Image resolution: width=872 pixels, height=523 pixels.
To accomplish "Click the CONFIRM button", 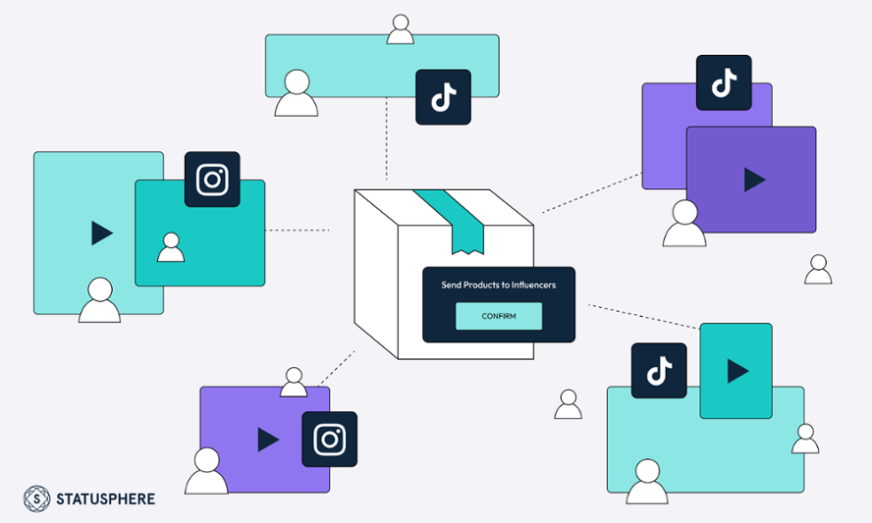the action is [x=498, y=316].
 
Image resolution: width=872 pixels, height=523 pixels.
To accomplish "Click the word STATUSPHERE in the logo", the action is [x=106, y=498].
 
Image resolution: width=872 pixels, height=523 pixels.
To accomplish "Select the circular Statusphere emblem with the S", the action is [x=37, y=498].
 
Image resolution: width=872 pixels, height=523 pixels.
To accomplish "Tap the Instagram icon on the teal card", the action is [x=212, y=180].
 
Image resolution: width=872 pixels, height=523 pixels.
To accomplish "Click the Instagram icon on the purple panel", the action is [x=329, y=439].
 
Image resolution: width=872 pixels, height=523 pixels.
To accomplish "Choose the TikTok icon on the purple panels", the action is [x=724, y=82].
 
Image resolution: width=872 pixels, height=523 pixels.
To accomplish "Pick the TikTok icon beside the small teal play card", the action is [x=659, y=370].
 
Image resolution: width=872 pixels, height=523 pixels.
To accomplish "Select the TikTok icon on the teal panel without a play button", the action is [x=443, y=97].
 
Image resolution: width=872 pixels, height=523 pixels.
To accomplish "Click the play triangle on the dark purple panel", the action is [x=754, y=180].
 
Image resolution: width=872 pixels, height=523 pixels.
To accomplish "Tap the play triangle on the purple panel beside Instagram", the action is [x=267, y=439].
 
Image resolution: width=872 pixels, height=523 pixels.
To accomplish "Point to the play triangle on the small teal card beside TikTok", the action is [x=736, y=370].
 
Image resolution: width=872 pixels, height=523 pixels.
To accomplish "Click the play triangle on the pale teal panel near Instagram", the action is [x=101, y=233].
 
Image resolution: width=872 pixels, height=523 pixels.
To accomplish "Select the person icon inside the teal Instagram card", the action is [x=171, y=247].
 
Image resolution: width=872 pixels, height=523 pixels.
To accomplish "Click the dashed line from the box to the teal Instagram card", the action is [x=298, y=231].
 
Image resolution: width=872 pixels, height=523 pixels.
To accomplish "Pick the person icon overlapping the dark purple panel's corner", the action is [x=684, y=225].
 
